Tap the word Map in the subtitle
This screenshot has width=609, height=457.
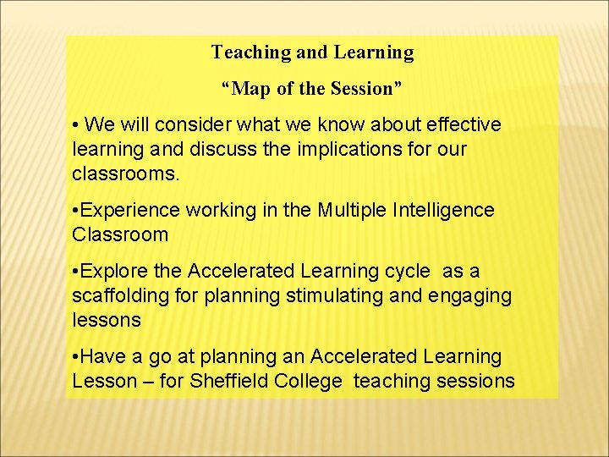[248, 88]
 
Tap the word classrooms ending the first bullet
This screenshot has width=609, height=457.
[126, 174]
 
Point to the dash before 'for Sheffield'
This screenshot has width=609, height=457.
[148, 382]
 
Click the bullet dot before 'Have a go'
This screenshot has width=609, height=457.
[76, 357]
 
